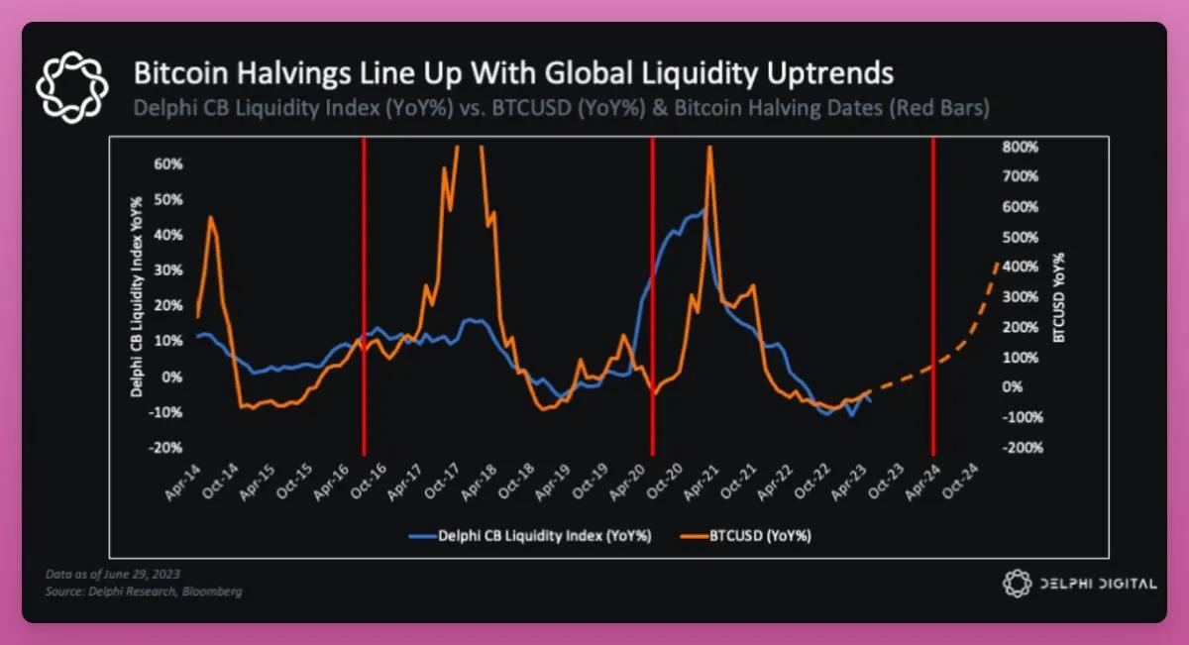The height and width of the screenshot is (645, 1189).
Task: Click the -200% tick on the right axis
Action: point(1026,448)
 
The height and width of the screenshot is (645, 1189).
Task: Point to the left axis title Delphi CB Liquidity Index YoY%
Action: point(141,297)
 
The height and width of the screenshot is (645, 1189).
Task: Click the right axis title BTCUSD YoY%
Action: point(1059,297)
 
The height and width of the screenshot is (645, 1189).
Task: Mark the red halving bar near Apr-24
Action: point(933,297)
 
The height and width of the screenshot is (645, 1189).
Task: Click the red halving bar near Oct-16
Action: point(364,297)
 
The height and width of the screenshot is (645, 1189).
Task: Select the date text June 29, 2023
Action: point(139,575)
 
